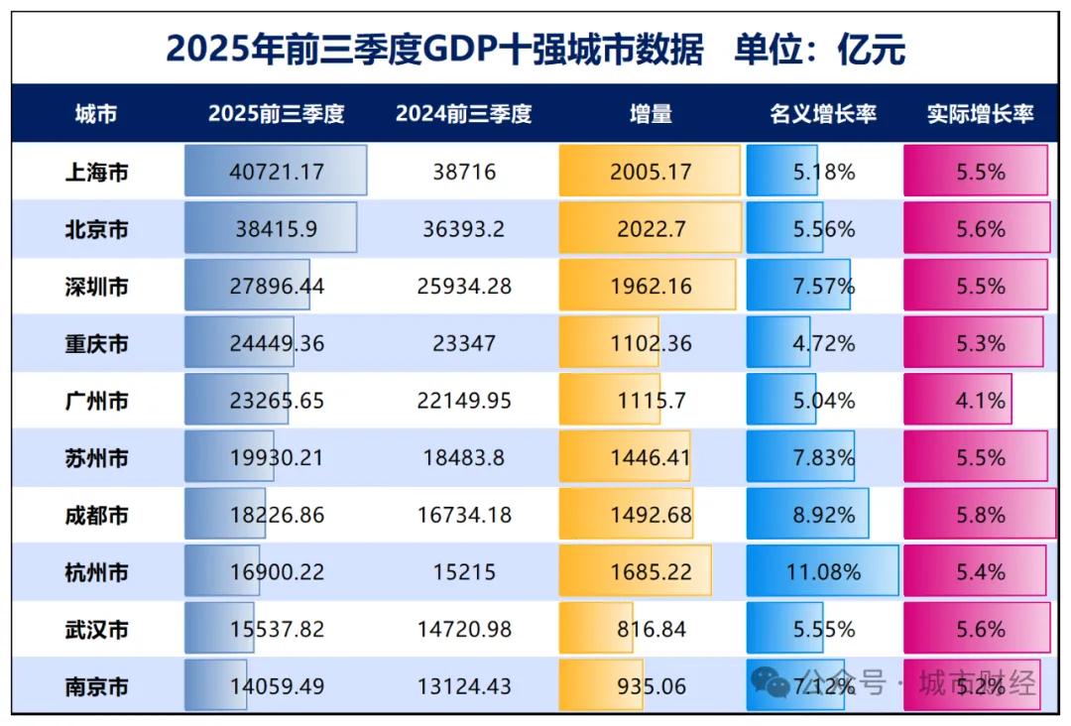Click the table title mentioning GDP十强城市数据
pos(535,48)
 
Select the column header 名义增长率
pos(822,114)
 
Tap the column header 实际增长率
pos(980,114)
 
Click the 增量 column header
pos(651,114)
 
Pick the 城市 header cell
pos(96,114)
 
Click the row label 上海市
pos(96,173)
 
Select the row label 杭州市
pos(96,572)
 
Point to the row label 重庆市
pos(96,344)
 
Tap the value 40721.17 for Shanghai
pos(277,173)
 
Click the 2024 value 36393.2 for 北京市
pos(463,229)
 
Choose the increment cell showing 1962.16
pos(651,287)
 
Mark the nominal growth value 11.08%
pos(824,572)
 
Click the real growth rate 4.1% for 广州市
pos(980,401)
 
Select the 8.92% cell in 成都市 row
pos(824,516)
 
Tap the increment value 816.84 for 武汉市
pos(651,630)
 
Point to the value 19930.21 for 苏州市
pos(277,458)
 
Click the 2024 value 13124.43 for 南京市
pos(463,686)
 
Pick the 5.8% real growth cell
pos(980,516)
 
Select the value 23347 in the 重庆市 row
pos(463,344)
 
